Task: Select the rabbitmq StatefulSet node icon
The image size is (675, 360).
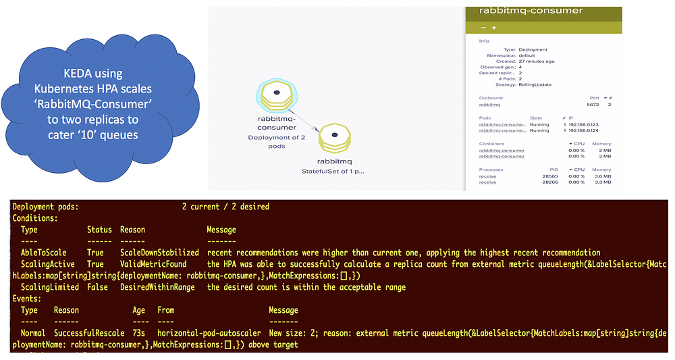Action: click(x=333, y=140)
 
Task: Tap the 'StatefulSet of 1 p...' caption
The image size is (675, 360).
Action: click(x=333, y=172)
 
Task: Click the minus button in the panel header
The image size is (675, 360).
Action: click(x=483, y=28)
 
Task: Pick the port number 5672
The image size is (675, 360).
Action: click(x=593, y=105)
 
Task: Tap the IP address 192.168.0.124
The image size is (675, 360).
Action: click(x=585, y=131)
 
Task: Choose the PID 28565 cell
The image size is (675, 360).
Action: click(x=549, y=176)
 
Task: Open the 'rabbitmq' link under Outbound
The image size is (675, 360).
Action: click(x=489, y=105)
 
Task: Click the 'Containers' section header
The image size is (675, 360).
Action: click(x=491, y=144)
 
